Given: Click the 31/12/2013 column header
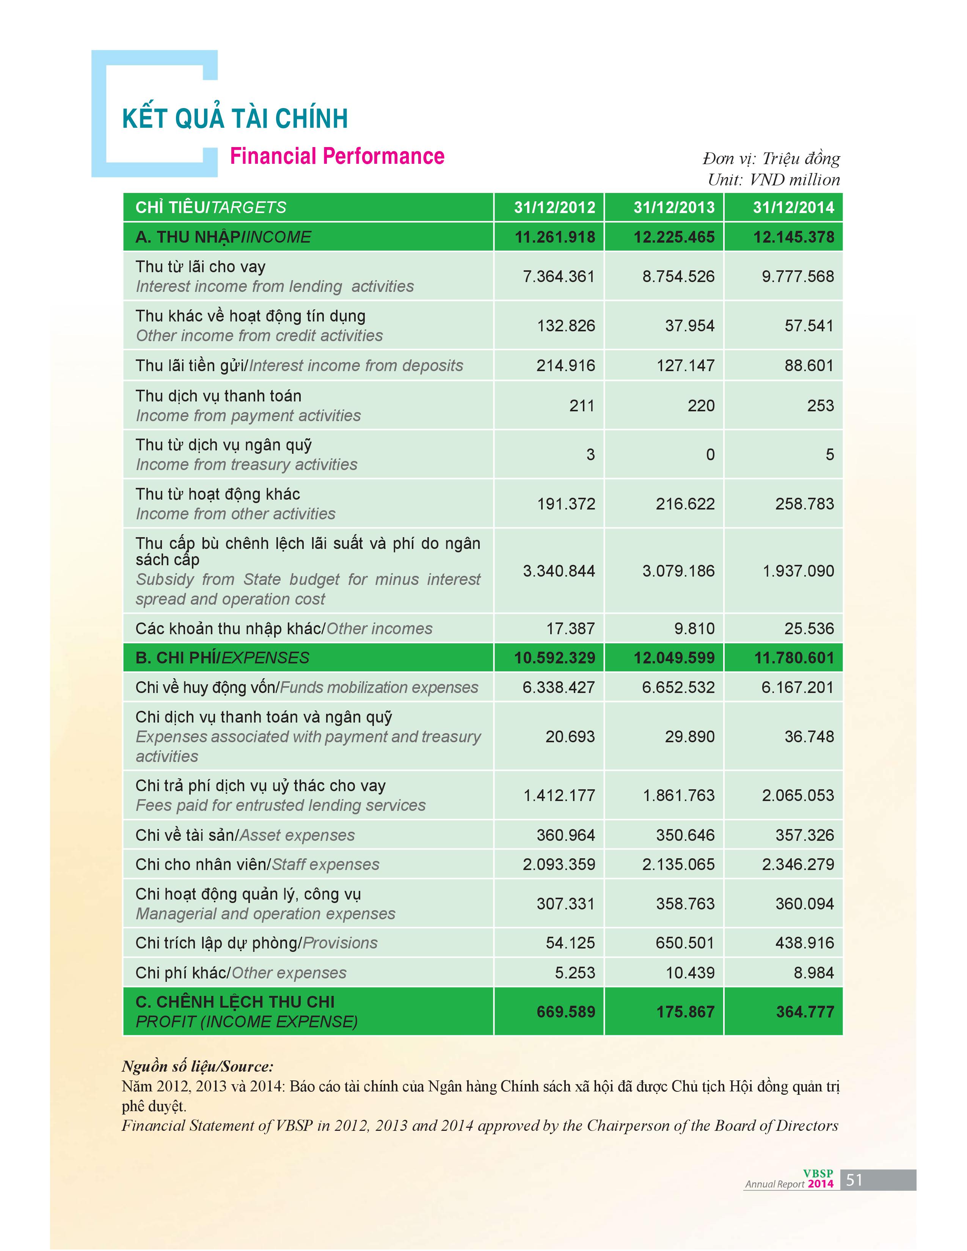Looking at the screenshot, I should pos(674,207).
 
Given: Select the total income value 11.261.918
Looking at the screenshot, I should pos(554,237).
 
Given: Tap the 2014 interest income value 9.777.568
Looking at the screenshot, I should pos(797,277).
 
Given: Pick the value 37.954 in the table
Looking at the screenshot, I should pos(690,326).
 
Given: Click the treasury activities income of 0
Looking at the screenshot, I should pos(710,455).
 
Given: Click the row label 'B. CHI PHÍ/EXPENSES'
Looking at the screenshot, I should pos(222,658).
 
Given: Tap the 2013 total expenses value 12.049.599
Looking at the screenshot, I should pos(674,658).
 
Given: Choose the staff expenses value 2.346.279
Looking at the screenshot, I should pos(797,864).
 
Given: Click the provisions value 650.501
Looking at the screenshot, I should pos(685,943).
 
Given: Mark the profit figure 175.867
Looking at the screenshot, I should pos(685,1011).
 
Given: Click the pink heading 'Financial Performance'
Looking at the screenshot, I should pos(337,156).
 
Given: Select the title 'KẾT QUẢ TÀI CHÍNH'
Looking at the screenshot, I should pos(235,119).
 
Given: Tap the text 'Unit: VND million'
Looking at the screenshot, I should pos(773,180).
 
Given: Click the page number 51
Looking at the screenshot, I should pos(854,1180).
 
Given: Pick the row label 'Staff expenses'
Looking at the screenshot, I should pos(325,864).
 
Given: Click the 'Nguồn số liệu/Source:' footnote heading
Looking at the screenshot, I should pos(198,1066).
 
